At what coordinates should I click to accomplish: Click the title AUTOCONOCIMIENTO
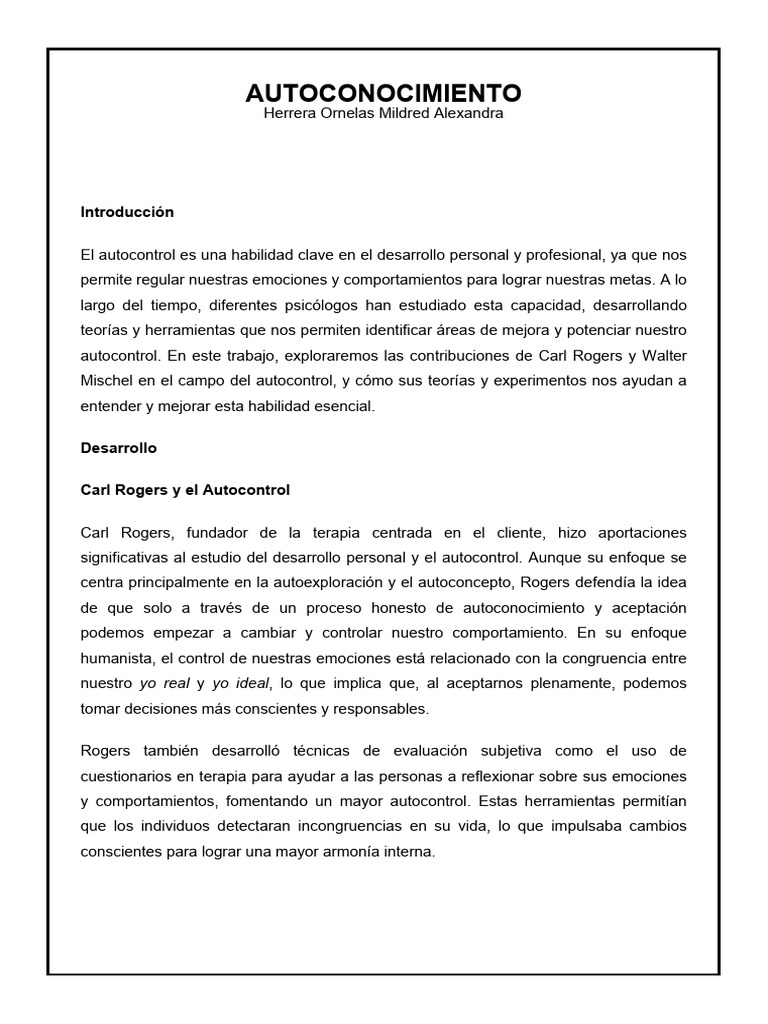(x=383, y=93)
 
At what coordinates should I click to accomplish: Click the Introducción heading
(x=127, y=212)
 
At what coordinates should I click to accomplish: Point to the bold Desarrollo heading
(x=119, y=449)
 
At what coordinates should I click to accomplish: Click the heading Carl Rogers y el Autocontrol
(x=185, y=490)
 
